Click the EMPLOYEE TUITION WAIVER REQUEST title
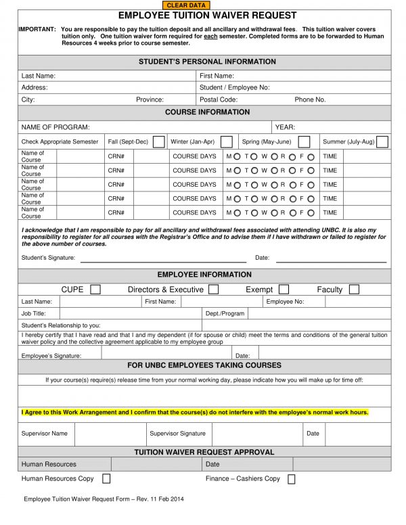click(x=208, y=15)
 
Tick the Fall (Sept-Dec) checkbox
click(x=158, y=142)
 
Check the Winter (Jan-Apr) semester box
click(x=227, y=142)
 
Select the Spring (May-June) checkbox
click(x=304, y=142)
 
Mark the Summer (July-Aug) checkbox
click(x=382, y=142)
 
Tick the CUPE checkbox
click(x=95, y=290)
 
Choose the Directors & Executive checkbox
click(x=213, y=290)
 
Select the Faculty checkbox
click(x=354, y=290)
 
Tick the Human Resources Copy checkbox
click(x=106, y=479)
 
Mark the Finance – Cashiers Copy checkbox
click(x=292, y=479)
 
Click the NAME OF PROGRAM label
click(x=55, y=127)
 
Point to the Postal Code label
click(x=218, y=99)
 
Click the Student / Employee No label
click(x=234, y=88)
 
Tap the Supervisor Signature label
click(x=177, y=434)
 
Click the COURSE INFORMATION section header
click(x=207, y=112)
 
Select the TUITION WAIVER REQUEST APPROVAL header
click(x=204, y=452)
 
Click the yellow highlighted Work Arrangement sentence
click(x=195, y=412)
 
